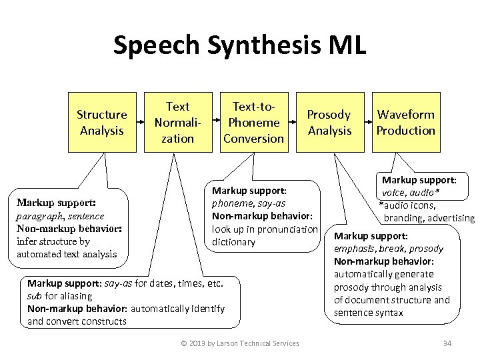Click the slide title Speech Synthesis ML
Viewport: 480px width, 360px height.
[239, 46]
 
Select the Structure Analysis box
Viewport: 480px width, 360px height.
[101, 123]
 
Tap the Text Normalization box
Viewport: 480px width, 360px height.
[177, 123]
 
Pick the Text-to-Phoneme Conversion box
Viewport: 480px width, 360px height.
[253, 123]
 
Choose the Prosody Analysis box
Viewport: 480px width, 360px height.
[329, 123]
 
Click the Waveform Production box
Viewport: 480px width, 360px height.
[405, 123]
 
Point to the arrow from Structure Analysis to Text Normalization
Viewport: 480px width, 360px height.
[141, 123]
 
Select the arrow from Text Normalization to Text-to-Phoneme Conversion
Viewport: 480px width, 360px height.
[216, 123]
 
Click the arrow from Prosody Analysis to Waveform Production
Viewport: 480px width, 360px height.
[368, 123]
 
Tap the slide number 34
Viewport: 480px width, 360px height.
[447, 343]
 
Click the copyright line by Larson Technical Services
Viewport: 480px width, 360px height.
[240, 343]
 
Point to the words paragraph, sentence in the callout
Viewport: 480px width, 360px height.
[60, 216]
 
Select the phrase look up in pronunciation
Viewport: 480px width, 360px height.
[265, 229]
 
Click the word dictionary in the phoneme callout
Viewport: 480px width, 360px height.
[233, 242]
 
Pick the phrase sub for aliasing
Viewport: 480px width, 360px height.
[60, 296]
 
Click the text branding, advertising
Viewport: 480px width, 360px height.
[429, 218]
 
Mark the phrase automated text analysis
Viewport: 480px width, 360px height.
[67, 254]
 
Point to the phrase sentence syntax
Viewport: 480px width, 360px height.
[368, 313]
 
